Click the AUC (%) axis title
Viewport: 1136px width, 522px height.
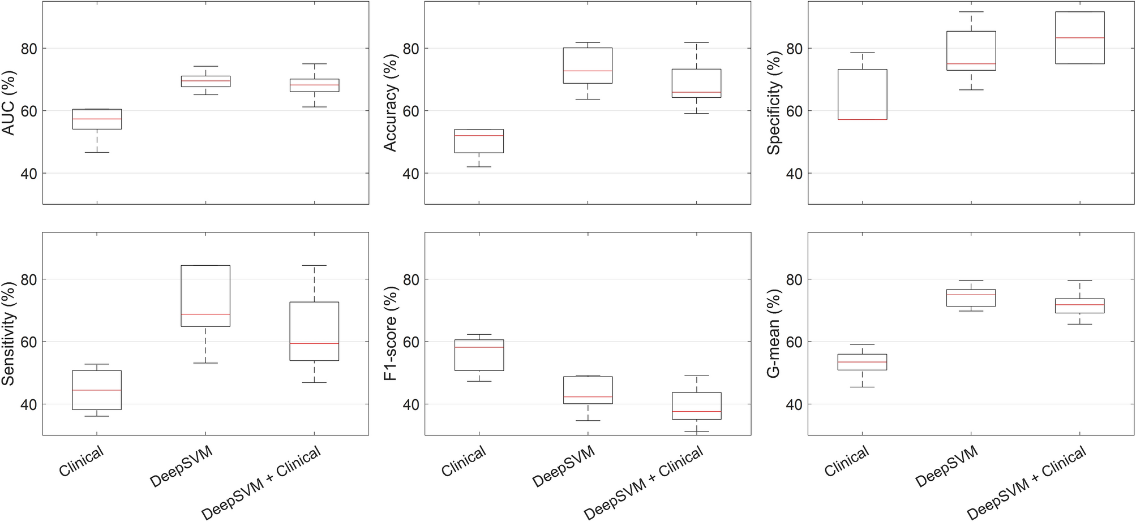(9, 103)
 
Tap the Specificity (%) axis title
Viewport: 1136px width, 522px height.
(774, 103)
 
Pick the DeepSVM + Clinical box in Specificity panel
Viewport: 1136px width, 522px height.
(1079, 37)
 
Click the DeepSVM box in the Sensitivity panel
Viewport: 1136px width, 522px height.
(205, 296)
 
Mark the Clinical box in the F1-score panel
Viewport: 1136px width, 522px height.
(479, 355)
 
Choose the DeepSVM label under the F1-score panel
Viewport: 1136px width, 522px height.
(564, 466)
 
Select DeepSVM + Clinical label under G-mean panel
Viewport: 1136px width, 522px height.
(1026, 482)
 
